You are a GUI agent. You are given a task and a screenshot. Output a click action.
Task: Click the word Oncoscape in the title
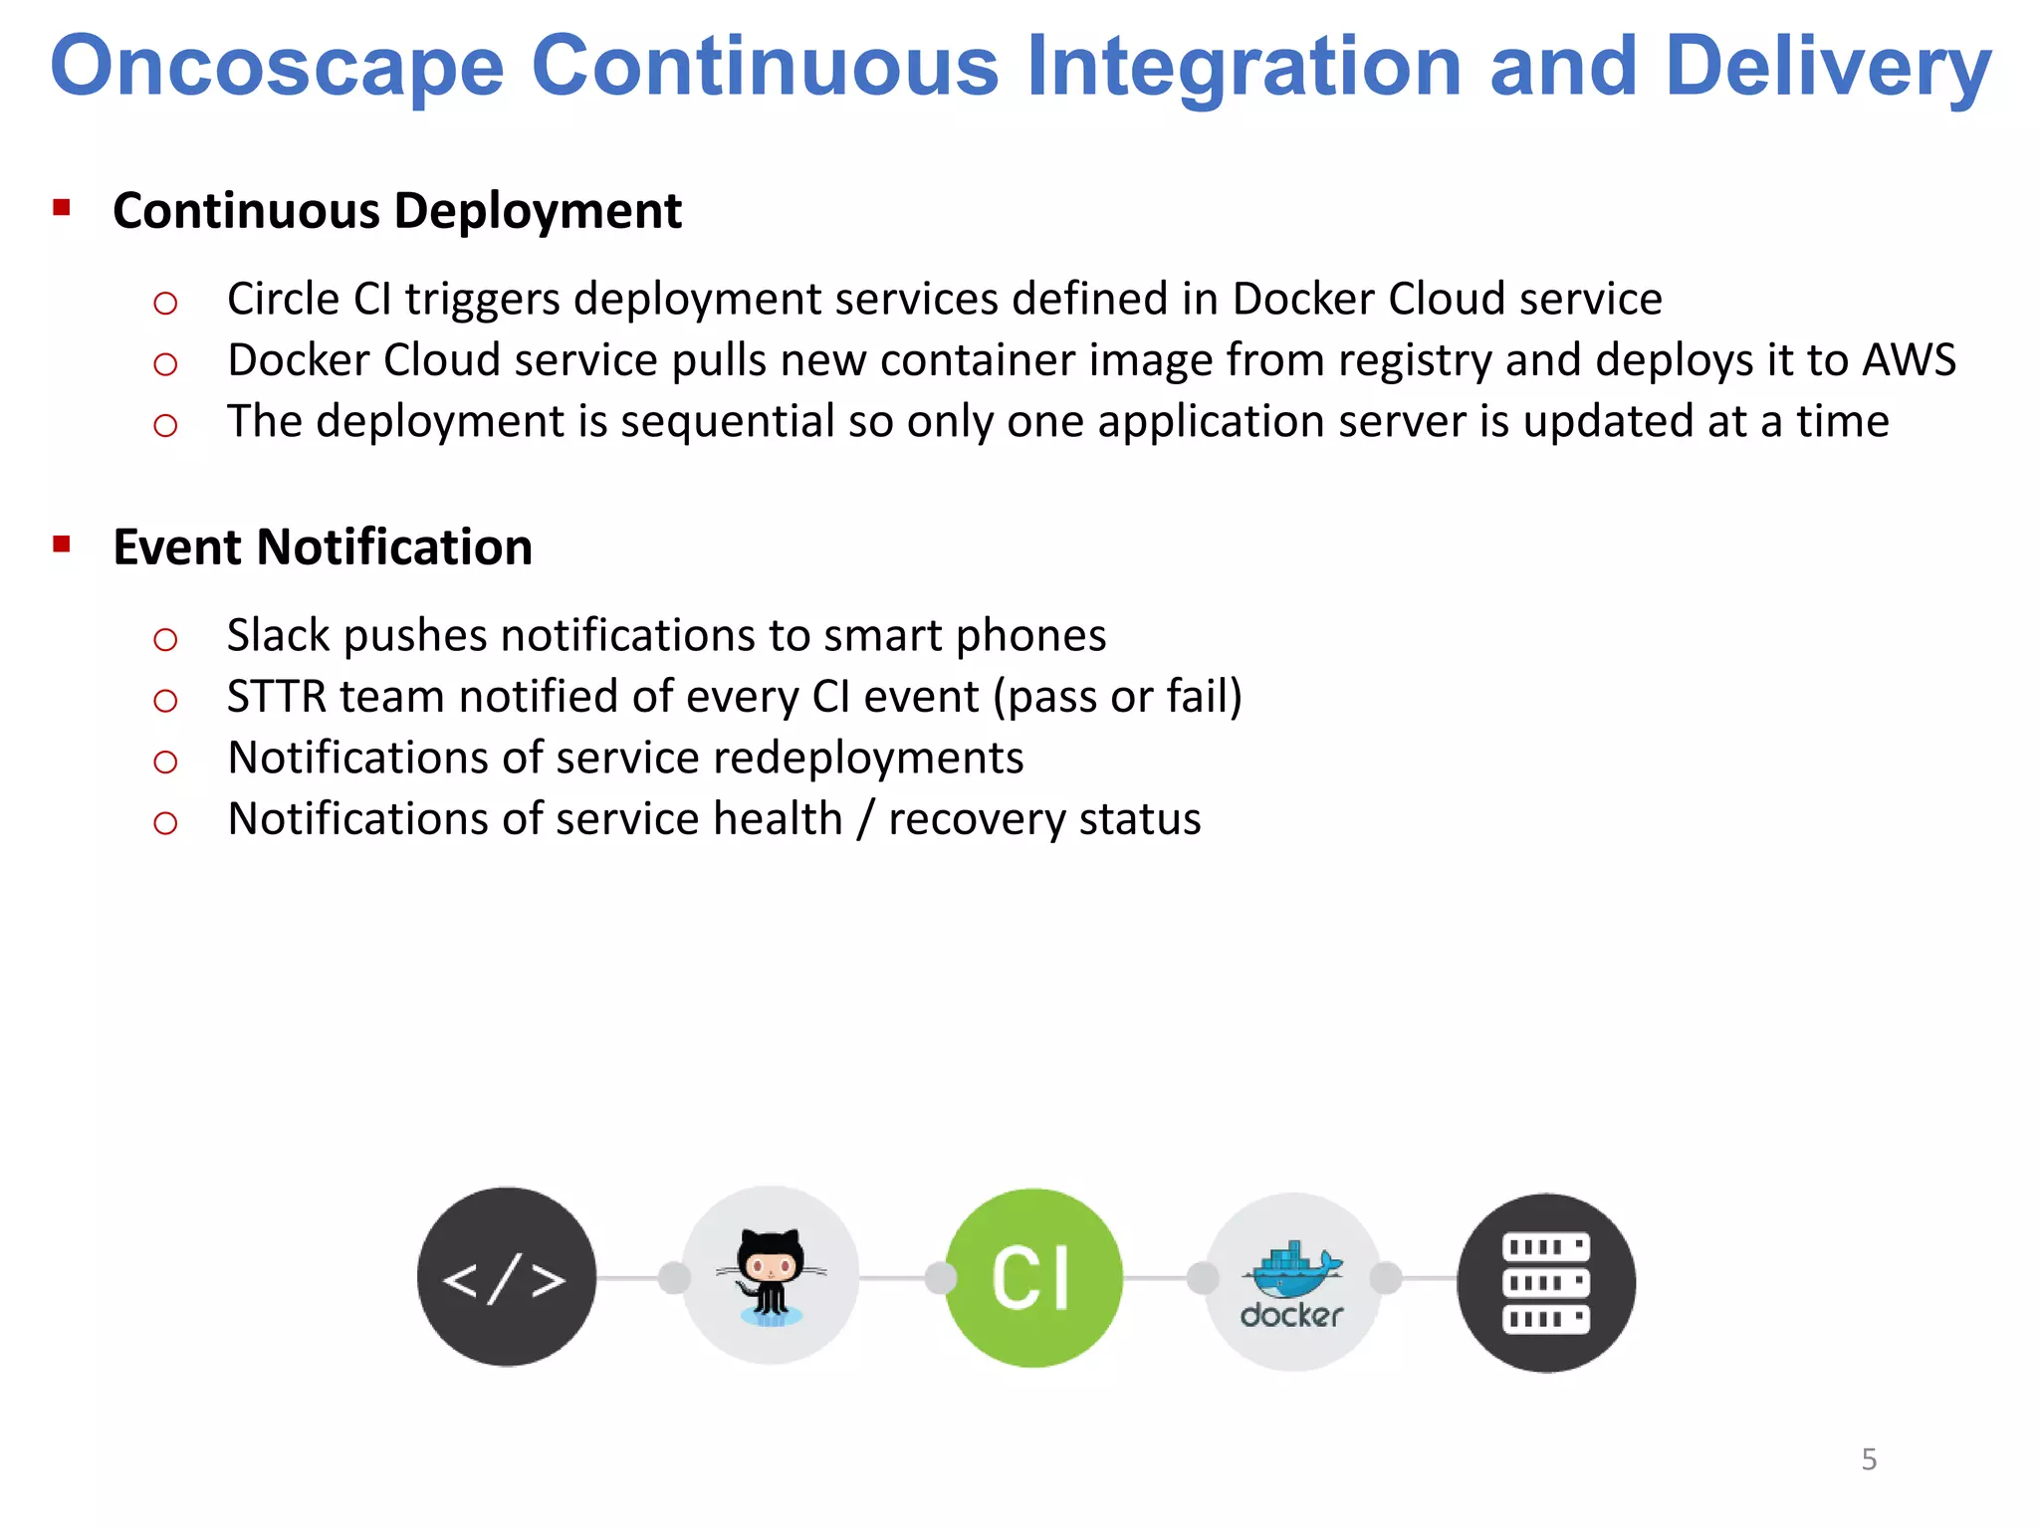pyautogui.click(x=278, y=67)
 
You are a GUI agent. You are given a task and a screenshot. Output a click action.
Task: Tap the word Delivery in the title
pyautogui.click(x=1828, y=67)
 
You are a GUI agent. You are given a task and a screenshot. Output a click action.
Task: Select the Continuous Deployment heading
pyautogui.click(x=397, y=211)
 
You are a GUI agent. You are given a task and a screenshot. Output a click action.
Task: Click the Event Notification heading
pyautogui.click(x=323, y=547)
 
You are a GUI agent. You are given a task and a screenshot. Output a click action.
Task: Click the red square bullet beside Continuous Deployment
pyautogui.click(x=62, y=208)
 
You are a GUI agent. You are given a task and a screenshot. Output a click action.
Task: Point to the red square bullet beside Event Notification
pyautogui.click(x=62, y=545)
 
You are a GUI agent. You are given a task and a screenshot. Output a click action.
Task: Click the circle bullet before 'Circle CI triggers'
pyautogui.click(x=165, y=303)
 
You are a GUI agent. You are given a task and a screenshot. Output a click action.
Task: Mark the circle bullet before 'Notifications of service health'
pyautogui.click(x=165, y=823)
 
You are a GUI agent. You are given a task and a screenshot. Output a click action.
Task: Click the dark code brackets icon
pyautogui.click(x=506, y=1277)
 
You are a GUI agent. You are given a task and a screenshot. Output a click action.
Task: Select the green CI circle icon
pyautogui.click(x=1032, y=1277)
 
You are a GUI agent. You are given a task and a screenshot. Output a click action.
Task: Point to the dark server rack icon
pyautogui.click(x=1545, y=1282)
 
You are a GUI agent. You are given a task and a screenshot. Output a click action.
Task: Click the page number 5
pyautogui.click(x=1869, y=1459)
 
